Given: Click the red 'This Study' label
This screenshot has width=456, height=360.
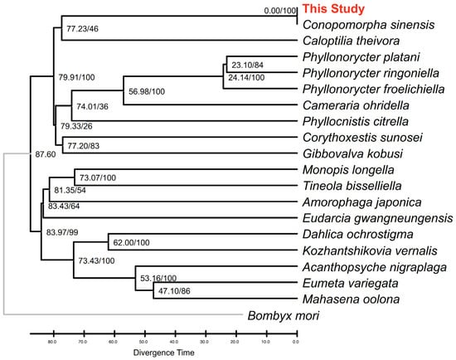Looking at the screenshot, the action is click(x=333, y=9).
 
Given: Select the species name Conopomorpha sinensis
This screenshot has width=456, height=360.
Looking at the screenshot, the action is click(x=368, y=25).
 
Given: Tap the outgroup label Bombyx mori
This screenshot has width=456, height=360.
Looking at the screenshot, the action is click(x=284, y=315).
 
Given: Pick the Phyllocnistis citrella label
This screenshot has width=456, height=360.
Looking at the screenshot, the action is click(x=356, y=121).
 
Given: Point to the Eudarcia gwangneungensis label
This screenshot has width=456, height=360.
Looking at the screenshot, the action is click(x=377, y=218).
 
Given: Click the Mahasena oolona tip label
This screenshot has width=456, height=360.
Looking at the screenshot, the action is click(x=351, y=299).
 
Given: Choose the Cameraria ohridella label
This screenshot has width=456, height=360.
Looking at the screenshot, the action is click(x=356, y=105).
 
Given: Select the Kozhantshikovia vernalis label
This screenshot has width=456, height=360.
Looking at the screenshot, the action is click(x=370, y=251).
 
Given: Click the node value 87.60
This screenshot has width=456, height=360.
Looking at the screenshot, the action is click(x=46, y=154).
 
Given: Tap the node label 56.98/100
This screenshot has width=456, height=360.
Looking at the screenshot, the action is click(x=147, y=91).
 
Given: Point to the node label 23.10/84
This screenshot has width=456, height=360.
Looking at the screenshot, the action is click(x=247, y=65).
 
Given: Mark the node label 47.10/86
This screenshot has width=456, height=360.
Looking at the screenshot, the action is click(x=174, y=290).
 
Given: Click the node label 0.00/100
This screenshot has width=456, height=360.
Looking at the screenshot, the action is click(x=280, y=11).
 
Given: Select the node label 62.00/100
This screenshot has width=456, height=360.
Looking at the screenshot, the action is click(x=131, y=242).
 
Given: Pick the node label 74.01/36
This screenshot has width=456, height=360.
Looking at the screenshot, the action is click(x=92, y=106).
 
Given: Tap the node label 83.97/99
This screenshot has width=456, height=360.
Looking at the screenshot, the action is click(x=62, y=232).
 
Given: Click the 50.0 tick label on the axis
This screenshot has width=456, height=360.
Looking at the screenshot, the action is click(x=143, y=342).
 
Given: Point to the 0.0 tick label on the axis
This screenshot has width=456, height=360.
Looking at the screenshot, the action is click(x=295, y=342).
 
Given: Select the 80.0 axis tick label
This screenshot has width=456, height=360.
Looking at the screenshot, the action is click(x=52, y=342).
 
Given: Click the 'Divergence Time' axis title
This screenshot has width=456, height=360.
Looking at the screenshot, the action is click(x=163, y=353).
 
